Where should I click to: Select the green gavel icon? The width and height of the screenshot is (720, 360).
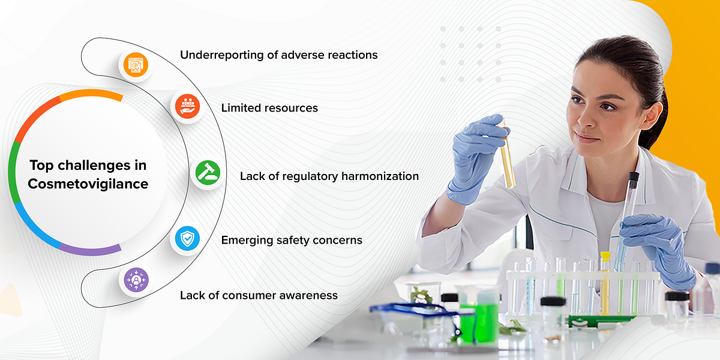pyautogui.click(x=208, y=174)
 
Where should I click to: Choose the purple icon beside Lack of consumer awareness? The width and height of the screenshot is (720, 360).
pyautogui.click(x=136, y=280)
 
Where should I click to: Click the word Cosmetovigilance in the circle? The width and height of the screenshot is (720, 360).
pyautogui.click(x=88, y=184)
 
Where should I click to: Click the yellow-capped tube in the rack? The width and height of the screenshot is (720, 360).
pyautogui.click(x=605, y=282)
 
